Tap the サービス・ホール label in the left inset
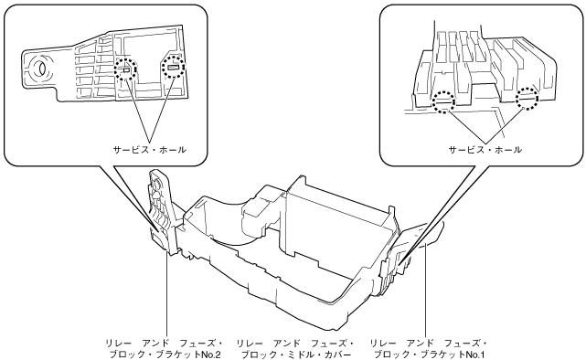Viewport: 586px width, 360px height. [x=150, y=150]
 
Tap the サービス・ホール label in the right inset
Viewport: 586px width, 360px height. [x=485, y=150]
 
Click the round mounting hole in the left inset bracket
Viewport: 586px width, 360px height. [x=38, y=69]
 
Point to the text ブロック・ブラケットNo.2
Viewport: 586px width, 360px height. [x=165, y=354]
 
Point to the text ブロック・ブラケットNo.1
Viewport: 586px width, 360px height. [x=430, y=354]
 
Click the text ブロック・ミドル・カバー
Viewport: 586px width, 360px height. [x=296, y=354]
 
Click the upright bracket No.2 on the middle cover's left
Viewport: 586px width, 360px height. [x=164, y=212]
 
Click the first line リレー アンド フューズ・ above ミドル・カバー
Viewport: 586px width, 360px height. [x=296, y=342]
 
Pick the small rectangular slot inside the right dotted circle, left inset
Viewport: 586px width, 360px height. [x=174, y=68]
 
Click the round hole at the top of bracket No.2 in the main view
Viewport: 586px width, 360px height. [x=156, y=184]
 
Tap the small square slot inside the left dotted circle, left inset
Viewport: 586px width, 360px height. [x=126, y=69]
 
